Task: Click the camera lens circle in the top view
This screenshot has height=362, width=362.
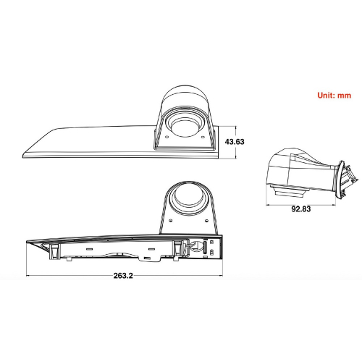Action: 181,128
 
